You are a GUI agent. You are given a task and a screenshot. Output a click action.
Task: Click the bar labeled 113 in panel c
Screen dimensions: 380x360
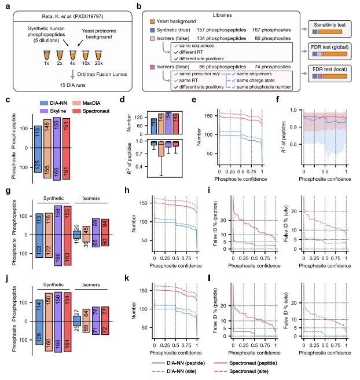tap(38, 134)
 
